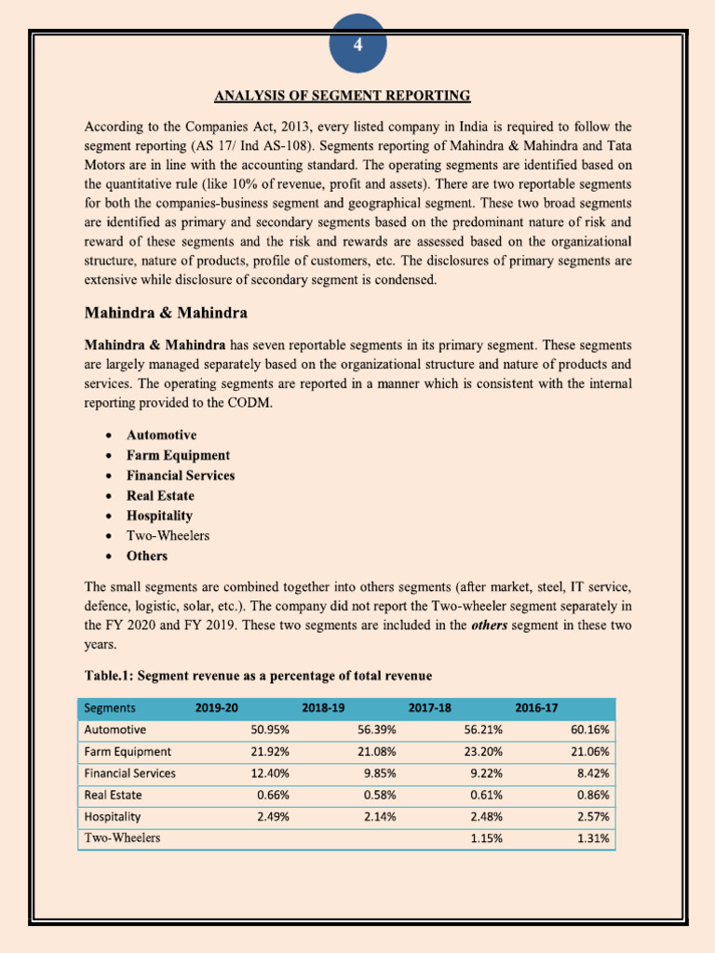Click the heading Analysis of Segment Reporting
click(343, 96)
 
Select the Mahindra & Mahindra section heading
click(166, 311)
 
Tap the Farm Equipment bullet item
click(178, 455)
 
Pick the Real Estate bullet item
click(160, 496)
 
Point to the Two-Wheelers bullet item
click(168, 536)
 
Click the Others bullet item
click(147, 557)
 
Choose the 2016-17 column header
click(536, 708)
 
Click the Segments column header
click(110, 708)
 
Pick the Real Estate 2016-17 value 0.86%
click(590, 795)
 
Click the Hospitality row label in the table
click(113, 816)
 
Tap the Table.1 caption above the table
click(258, 675)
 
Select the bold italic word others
click(489, 625)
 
